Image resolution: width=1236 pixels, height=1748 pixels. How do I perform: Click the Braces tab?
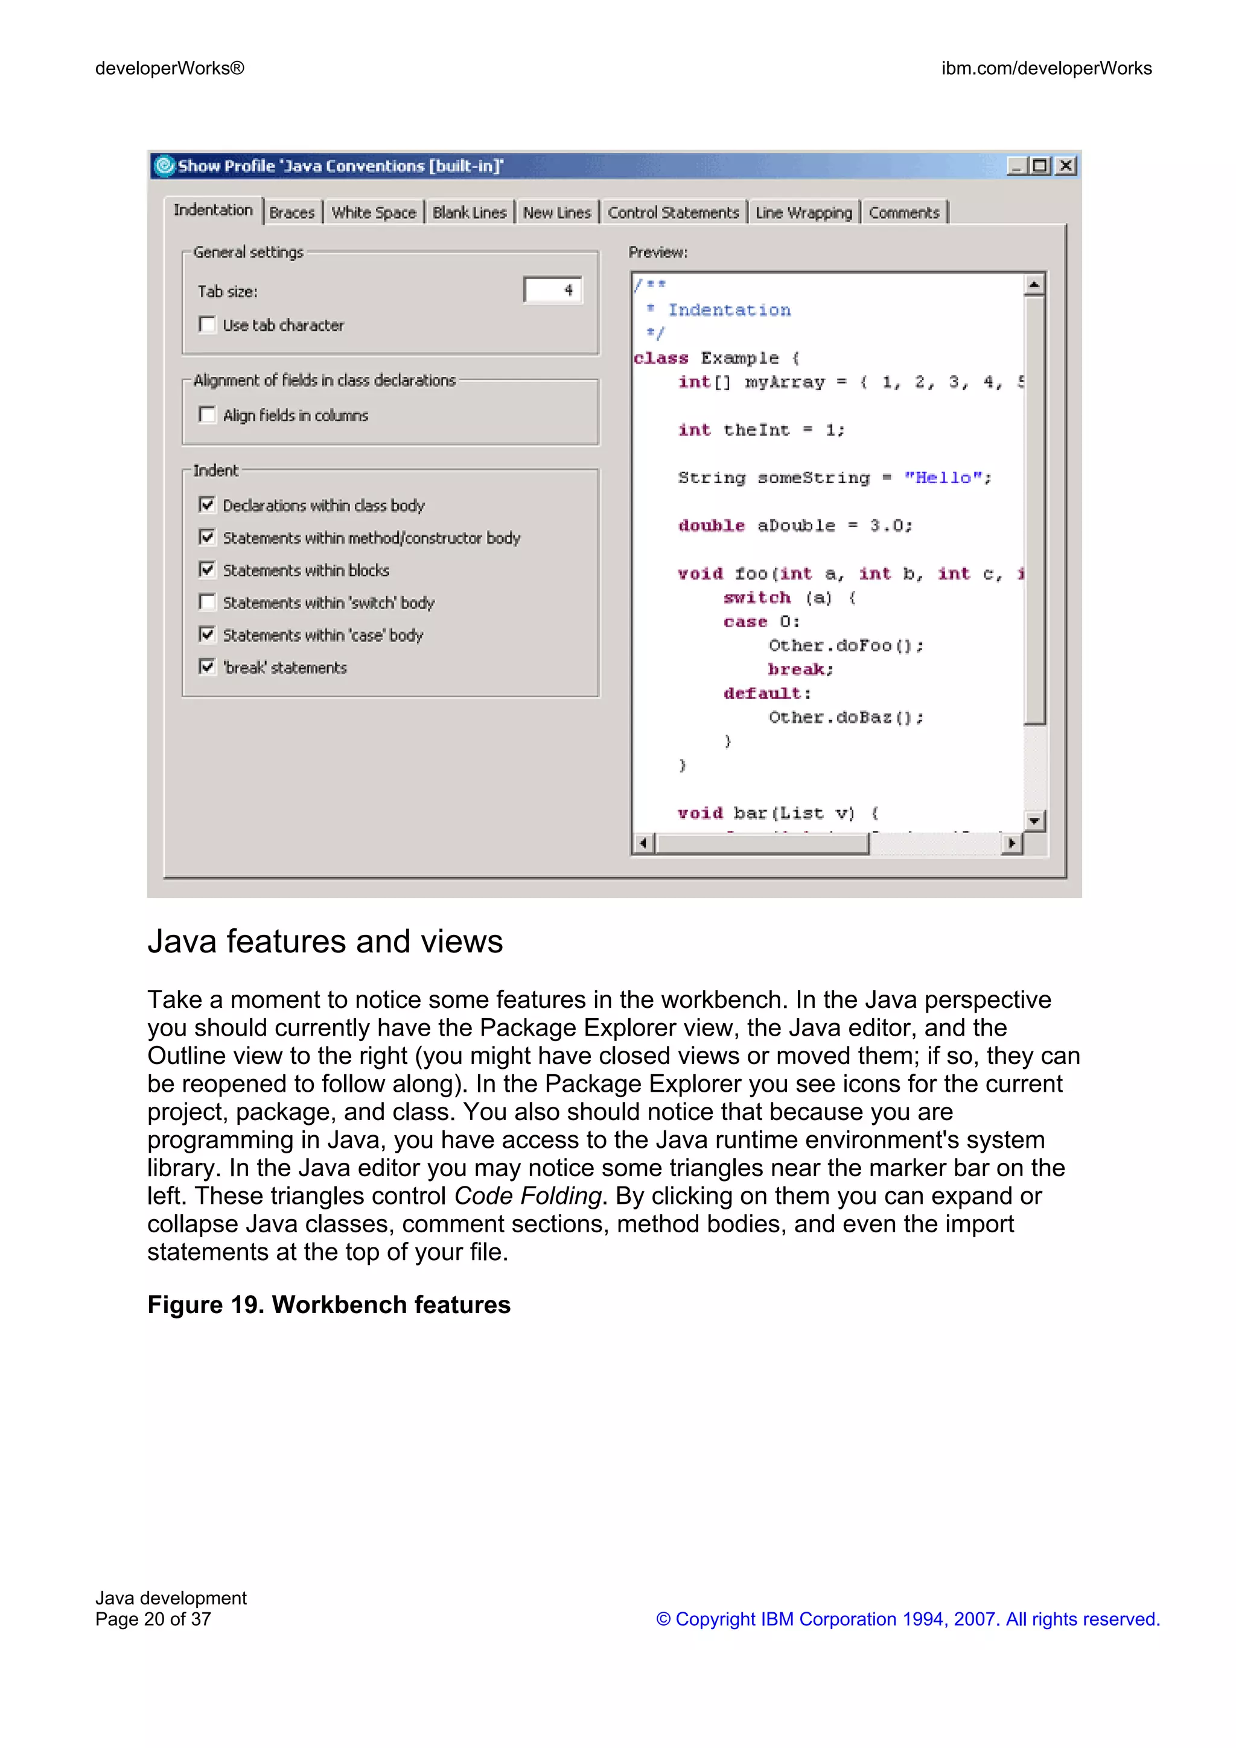click(291, 212)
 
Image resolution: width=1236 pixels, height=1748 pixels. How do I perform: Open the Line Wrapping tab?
click(803, 212)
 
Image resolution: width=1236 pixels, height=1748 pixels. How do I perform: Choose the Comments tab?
click(904, 212)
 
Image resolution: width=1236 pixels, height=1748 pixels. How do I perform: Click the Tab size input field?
click(552, 290)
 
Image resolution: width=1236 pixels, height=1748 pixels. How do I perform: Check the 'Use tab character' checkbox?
click(206, 325)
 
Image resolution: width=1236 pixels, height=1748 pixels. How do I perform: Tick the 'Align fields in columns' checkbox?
click(206, 414)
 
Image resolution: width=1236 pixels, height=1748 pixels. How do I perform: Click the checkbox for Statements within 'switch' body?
click(206, 602)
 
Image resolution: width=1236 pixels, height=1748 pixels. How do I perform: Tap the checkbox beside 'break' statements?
click(206, 667)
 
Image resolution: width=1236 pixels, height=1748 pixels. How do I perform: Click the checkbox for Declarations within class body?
click(206, 505)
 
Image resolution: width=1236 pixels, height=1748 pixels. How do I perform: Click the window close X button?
click(1066, 165)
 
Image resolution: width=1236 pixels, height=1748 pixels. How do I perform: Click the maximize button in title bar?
click(1041, 165)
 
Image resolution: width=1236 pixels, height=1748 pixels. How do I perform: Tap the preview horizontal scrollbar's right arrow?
click(1011, 843)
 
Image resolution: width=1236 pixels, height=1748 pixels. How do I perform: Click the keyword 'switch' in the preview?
click(756, 598)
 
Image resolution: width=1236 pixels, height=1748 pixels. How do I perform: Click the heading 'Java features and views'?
click(325, 942)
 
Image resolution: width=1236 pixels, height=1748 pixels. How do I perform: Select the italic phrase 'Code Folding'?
click(527, 1196)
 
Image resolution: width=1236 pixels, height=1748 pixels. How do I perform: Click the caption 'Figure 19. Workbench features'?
click(328, 1305)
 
